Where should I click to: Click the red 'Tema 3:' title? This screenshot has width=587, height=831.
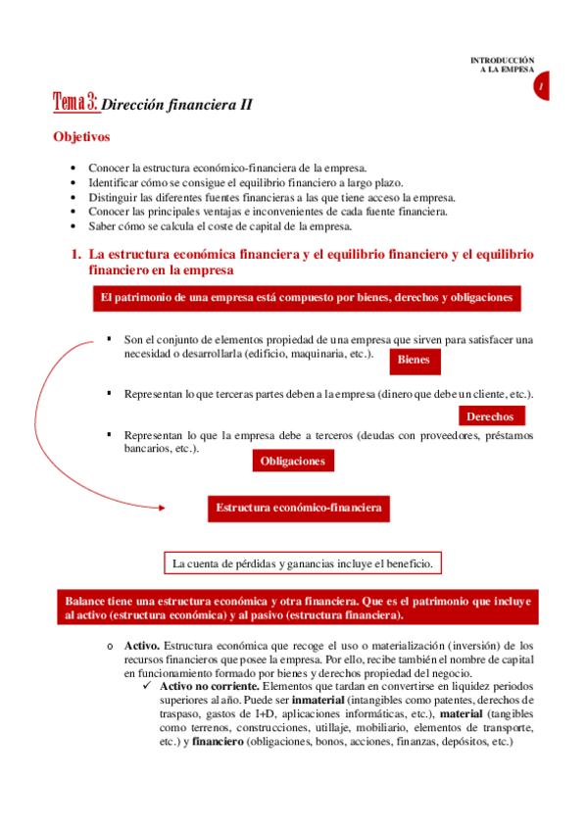coord(74,101)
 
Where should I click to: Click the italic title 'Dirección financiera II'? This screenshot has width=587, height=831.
coord(177,104)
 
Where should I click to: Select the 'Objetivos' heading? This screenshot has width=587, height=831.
coord(81,137)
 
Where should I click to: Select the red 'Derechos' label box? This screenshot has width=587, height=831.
coord(491,415)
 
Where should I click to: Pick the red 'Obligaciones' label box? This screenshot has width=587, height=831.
coord(292,460)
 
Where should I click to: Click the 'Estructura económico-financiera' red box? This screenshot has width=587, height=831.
coord(299,508)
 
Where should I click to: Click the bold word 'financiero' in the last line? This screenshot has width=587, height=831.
coord(219,742)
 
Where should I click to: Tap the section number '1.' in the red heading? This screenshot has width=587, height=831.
coord(75,254)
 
